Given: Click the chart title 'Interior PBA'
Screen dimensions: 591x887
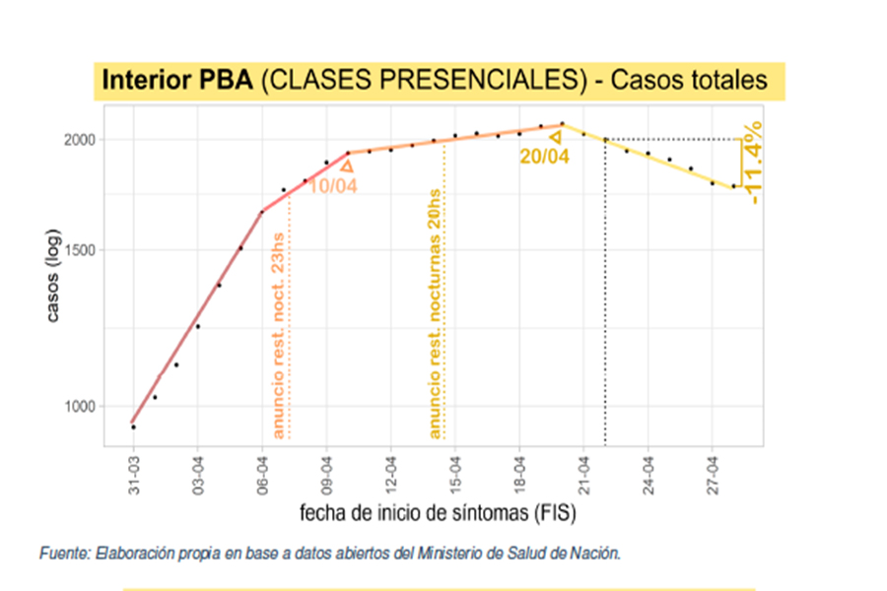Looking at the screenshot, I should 177,81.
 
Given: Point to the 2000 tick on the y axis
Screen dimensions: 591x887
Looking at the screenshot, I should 81,139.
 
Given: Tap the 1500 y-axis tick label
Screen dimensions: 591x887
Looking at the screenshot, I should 81,250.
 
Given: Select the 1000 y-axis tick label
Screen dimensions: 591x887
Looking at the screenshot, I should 81,406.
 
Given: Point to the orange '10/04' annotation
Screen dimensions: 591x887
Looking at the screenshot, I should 332,185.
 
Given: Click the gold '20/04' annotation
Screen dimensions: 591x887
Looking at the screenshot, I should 544,157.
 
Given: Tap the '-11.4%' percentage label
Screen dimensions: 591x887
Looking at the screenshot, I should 754,163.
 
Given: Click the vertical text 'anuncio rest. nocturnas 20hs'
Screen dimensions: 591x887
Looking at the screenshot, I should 434,313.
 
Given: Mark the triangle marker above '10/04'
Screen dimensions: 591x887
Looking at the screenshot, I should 347,166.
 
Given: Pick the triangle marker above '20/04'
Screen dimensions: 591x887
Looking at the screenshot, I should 555,137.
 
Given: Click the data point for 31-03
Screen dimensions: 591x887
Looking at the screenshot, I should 134,427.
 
